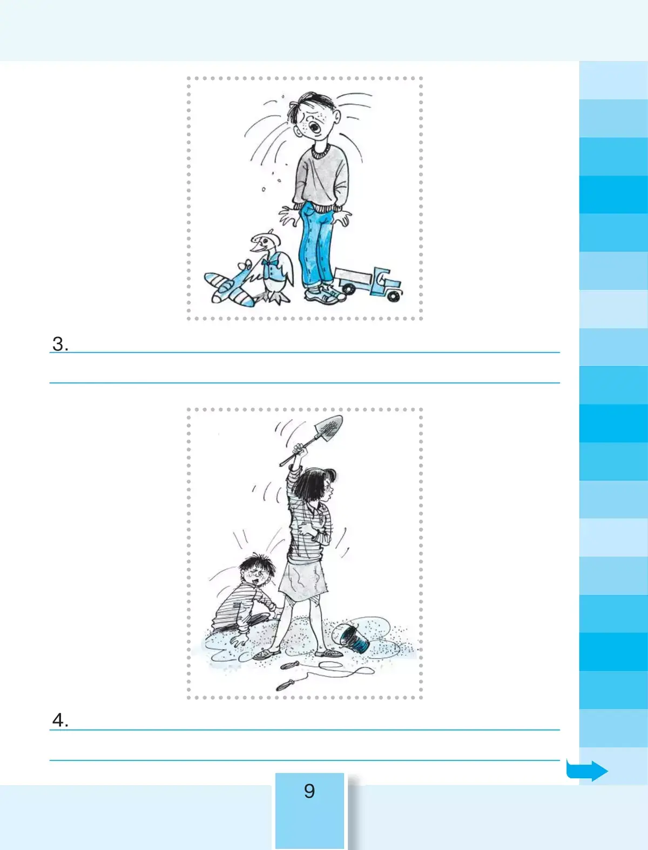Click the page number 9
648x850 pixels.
point(309,791)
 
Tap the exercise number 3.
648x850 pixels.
point(60,344)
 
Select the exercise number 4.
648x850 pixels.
point(60,720)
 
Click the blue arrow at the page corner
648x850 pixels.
point(587,770)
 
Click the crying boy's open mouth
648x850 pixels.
point(315,127)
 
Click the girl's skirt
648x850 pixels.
point(304,578)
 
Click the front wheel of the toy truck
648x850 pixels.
point(394,296)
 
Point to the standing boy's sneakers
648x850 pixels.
point(325,294)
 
